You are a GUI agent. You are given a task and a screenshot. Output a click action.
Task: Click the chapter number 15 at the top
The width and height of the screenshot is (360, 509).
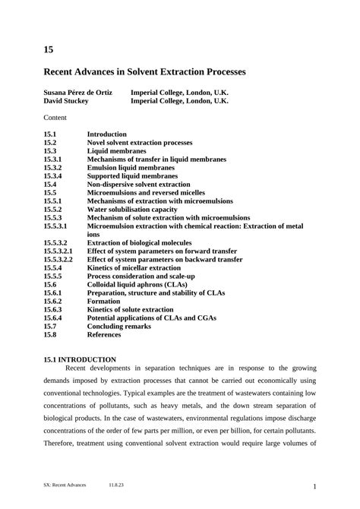pos(49,50)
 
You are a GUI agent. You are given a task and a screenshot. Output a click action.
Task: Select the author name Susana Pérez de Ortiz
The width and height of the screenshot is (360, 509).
pos(78,93)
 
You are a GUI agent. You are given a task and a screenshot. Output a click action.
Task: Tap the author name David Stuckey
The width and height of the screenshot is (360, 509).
pos(66,101)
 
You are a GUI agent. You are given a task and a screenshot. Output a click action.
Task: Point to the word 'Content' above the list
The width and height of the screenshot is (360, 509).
pos(55,118)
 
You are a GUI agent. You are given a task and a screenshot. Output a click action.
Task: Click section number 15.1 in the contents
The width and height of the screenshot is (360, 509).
pos(50,134)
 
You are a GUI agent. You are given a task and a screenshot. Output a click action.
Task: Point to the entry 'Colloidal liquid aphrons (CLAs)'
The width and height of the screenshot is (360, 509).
pos(137,284)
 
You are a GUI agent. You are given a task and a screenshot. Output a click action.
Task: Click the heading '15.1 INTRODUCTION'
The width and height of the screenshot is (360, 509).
pos(80,359)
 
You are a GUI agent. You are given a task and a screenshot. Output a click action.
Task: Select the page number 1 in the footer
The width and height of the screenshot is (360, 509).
pos(314,486)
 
